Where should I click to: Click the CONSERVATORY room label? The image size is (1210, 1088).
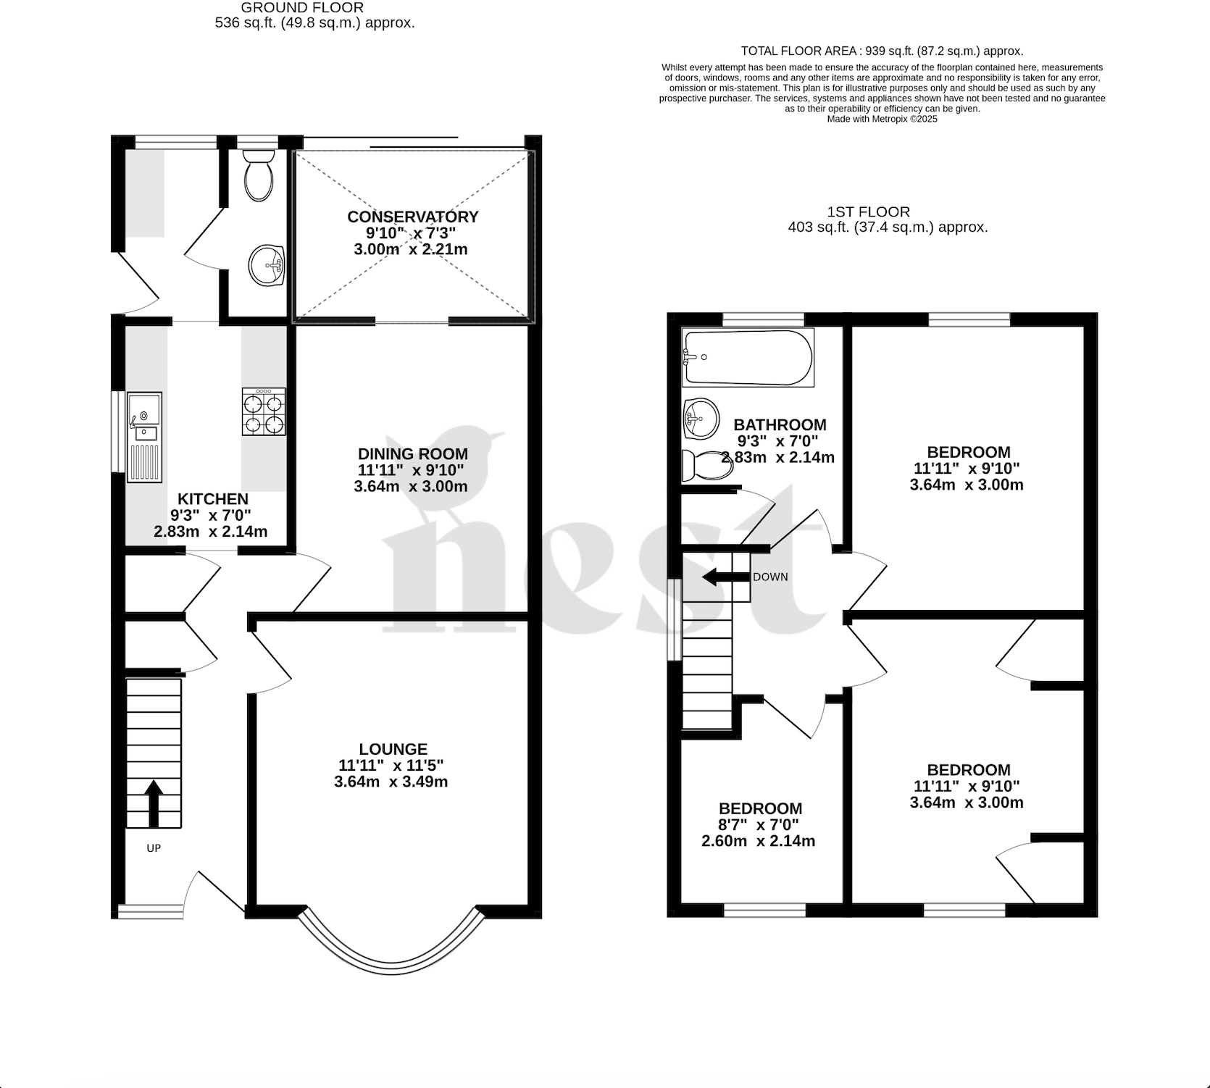pos(412,217)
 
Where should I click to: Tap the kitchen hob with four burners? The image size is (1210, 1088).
pos(263,411)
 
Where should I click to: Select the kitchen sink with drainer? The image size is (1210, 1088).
pos(144,437)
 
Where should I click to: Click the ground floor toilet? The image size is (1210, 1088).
pos(258,175)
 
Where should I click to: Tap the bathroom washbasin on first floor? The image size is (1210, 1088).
pos(701,418)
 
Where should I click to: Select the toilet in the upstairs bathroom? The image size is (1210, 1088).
pos(706,465)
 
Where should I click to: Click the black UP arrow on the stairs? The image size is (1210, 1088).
pos(153,803)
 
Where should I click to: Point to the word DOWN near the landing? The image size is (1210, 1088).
pos(770,577)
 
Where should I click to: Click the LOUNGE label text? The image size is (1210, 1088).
pos(393,749)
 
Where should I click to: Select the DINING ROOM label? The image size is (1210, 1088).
pos(412,454)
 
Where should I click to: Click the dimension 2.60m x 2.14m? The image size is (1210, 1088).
pos(758,841)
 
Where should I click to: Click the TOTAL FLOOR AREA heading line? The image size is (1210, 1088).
pos(881,51)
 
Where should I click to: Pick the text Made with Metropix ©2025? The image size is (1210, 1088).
pos(881,119)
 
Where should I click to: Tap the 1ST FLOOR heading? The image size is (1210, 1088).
pos(868,212)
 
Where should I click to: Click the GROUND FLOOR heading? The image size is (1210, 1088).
pos(302,7)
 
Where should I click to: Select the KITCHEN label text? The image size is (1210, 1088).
pos(213,498)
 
